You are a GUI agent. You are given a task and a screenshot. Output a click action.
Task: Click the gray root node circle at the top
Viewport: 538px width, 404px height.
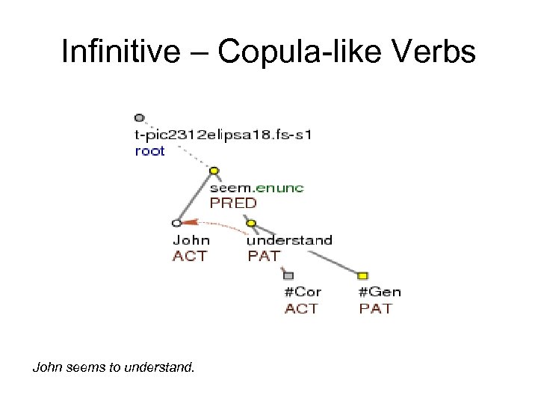(139, 117)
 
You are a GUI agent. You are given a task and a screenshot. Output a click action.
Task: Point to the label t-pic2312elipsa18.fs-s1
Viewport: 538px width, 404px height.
(223, 135)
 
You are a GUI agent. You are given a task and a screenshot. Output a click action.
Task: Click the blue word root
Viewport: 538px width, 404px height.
(149, 150)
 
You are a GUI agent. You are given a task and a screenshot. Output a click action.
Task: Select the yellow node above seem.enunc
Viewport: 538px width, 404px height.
(214, 171)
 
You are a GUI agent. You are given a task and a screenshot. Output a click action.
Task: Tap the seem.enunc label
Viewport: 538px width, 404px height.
(256, 188)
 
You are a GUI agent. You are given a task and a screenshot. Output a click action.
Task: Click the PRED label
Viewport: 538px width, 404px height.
(232, 203)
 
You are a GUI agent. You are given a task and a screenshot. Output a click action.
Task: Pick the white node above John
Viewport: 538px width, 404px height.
(177, 223)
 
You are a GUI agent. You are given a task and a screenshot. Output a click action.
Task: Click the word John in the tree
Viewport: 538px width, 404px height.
(191, 240)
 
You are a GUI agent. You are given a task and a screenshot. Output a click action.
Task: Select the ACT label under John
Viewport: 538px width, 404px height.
(189, 256)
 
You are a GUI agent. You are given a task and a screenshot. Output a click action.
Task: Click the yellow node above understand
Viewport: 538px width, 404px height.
(251, 223)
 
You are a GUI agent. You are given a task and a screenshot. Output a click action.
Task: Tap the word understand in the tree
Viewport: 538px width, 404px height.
(289, 240)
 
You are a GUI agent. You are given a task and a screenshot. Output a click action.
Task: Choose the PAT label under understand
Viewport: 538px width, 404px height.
(264, 256)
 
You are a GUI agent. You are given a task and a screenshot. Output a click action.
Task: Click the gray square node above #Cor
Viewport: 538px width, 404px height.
(288, 275)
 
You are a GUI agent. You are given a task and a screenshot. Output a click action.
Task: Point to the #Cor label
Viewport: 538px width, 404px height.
(302, 293)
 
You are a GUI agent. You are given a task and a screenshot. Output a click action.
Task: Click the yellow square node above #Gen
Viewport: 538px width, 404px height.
(363, 275)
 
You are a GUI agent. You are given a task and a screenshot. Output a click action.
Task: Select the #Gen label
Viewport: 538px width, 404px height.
(380, 293)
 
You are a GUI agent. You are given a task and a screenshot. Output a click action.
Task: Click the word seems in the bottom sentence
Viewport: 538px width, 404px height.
(82, 367)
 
